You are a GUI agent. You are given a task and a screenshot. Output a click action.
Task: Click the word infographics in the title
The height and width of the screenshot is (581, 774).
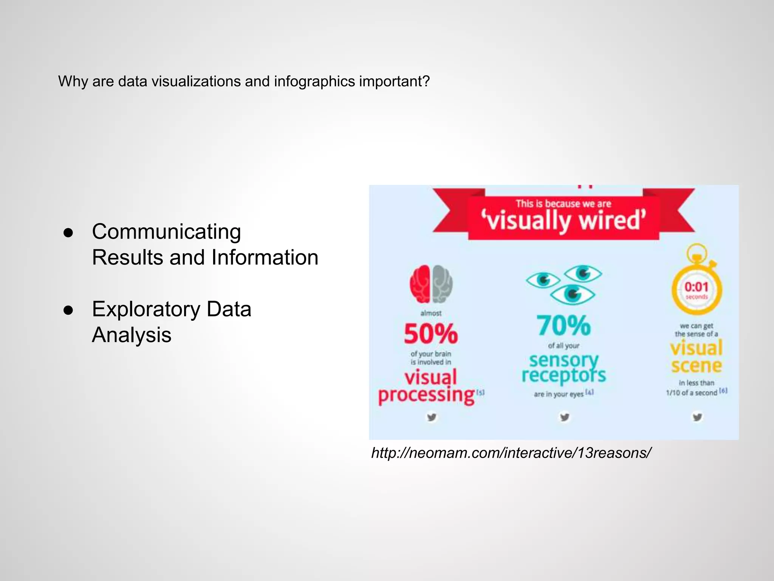(x=314, y=81)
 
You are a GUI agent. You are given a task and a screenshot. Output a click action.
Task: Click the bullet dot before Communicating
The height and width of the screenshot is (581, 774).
(x=68, y=233)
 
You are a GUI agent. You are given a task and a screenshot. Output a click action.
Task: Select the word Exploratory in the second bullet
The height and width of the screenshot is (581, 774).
(x=146, y=309)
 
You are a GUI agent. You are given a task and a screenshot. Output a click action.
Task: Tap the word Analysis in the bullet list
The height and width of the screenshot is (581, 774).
(x=132, y=335)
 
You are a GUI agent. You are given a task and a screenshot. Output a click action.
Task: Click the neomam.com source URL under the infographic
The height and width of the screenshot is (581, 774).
(x=511, y=453)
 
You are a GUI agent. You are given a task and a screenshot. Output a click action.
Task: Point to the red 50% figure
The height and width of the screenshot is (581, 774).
(x=431, y=334)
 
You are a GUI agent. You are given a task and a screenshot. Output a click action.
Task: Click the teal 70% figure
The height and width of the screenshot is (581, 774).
(x=563, y=325)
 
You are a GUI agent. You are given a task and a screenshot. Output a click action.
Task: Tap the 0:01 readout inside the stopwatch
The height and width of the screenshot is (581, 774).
(x=696, y=287)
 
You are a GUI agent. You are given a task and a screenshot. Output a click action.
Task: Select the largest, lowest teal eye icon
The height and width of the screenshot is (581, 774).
(x=573, y=295)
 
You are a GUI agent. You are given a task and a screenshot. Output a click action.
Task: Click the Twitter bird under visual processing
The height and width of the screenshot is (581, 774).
(x=432, y=417)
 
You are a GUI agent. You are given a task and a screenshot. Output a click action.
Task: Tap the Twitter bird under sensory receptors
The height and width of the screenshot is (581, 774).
(x=565, y=417)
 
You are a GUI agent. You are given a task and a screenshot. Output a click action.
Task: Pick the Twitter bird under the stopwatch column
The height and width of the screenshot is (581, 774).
(x=697, y=417)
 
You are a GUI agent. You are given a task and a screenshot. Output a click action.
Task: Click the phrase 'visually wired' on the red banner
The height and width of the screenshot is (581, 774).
(x=563, y=221)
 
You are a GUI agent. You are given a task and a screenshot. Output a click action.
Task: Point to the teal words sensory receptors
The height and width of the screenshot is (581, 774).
(x=563, y=368)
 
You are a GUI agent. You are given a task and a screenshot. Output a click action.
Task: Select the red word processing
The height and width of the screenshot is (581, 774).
(x=426, y=395)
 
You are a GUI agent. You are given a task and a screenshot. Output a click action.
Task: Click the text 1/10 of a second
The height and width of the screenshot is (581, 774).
(x=691, y=393)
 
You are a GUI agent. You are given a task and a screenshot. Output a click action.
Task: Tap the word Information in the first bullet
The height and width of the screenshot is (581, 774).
(x=265, y=258)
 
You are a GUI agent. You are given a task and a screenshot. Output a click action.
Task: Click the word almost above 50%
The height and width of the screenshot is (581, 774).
(x=431, y=313)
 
